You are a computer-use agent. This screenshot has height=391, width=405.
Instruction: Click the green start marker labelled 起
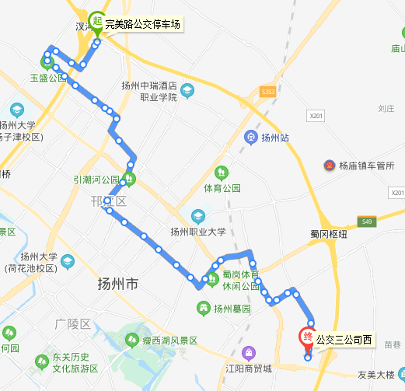coord(97,20)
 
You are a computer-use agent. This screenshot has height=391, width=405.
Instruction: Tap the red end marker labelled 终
coord(307,337)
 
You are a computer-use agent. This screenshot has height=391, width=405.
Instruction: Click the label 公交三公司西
coord(344,340)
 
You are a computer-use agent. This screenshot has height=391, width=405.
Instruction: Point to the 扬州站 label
coord(275,138)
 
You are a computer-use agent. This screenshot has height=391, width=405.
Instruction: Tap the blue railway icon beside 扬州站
coord(251,138)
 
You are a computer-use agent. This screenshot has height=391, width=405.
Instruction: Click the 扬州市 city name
coord(118,285)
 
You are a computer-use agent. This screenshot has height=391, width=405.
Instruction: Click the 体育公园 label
coord(222,188)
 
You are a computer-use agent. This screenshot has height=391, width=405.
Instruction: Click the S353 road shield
coord(268,92)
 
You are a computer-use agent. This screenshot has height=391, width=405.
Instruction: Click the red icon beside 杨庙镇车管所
coord(329,166)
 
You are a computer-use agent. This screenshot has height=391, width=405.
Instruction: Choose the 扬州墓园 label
coord(232,309)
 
